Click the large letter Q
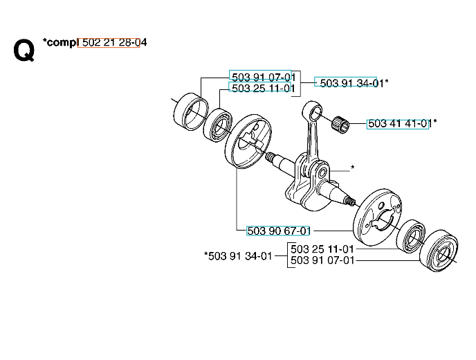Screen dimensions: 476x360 pos(24,51)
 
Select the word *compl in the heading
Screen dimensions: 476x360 pos(60,42)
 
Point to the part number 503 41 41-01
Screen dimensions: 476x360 pos(399,124)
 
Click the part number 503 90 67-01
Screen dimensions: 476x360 pos(278,231)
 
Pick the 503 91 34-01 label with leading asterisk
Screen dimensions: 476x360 pos(238,255)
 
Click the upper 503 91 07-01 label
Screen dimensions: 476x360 pos(263,77)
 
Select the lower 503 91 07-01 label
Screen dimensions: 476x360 pos(322,260)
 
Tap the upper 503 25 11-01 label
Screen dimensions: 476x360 pos(263,89)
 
